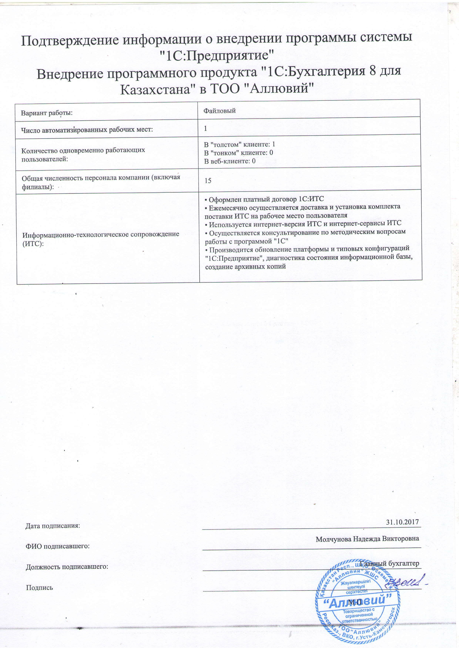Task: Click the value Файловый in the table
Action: click(220, 111)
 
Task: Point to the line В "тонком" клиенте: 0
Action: click(238, 153)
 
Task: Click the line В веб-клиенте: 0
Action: click(230, 161)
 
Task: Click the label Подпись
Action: click(40, 587)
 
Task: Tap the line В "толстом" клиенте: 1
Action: click(239, 144)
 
